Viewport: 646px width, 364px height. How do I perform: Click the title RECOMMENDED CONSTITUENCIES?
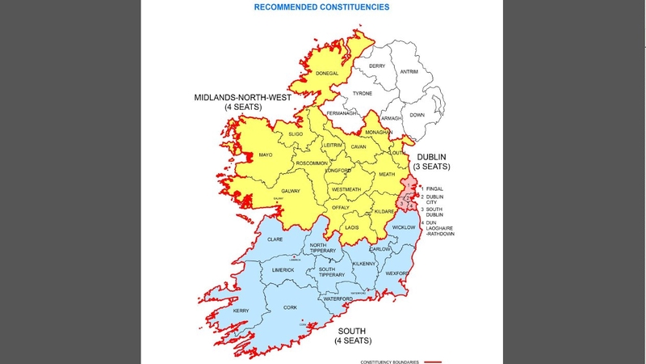click(321, 7)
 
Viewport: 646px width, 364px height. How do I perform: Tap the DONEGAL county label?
click(328, 74)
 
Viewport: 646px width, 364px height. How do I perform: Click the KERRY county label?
click(241, 311)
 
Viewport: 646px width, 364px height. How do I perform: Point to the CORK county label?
click(291, 308)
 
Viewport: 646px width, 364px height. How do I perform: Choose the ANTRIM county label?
click(409, 71)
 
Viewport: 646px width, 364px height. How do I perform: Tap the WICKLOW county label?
click(403, 227)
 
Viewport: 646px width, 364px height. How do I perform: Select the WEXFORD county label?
click(397, 273)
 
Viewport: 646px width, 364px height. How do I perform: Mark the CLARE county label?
click(275, 239)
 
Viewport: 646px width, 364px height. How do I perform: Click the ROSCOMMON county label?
click(313, 163)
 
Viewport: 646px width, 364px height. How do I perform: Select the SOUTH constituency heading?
click(352, 332)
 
